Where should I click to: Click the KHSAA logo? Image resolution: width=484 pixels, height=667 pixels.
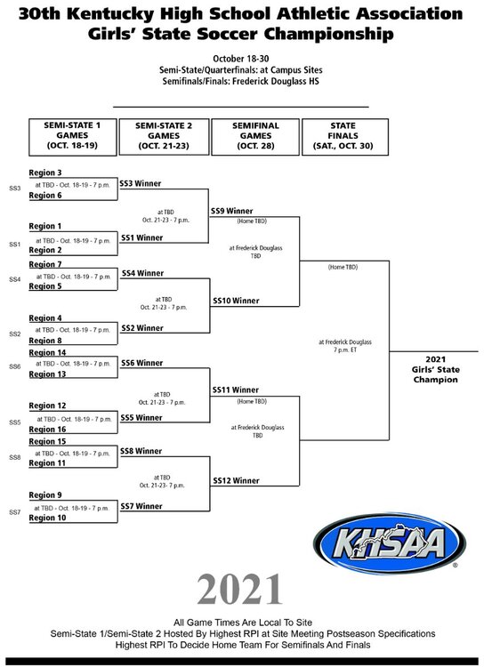(x=390, y=543)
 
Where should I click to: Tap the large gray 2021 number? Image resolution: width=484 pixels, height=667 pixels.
(x=239, y=589)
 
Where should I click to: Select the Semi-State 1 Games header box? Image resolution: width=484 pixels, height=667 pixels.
(x=72, y=137)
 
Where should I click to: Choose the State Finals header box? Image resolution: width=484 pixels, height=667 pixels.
(x=345, y=137)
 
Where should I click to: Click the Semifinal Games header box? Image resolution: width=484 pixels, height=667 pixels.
(x=255, y=137)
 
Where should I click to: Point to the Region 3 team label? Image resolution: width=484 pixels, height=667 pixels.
(x=45, y=173)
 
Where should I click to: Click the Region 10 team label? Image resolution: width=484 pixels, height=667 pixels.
(x=47, y=518)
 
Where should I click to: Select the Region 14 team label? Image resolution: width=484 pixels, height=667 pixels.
(x=47, y=352)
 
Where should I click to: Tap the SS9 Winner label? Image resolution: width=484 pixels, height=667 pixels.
(x=231, y=211)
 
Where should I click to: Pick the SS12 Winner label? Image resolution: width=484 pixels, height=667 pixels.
(x=236, y=480)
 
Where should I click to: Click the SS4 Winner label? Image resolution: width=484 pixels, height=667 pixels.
(x=142, y=273)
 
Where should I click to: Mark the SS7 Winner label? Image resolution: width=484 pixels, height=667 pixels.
(x=141, y=506)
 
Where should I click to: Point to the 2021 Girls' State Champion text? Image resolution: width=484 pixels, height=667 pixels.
(x=435, y=369)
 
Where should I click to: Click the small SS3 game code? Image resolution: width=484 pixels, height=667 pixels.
(x=15, y=188)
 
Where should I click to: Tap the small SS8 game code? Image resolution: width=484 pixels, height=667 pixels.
(x=15, y=458)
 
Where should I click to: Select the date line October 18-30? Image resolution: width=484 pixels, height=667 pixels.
(x=241, y=59)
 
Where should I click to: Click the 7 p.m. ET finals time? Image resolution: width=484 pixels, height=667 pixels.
(x=345, y=350)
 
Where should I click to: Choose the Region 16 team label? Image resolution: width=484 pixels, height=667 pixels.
(x=47, y=430)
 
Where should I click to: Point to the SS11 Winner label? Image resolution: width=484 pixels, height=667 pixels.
(x=236, y=390)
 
